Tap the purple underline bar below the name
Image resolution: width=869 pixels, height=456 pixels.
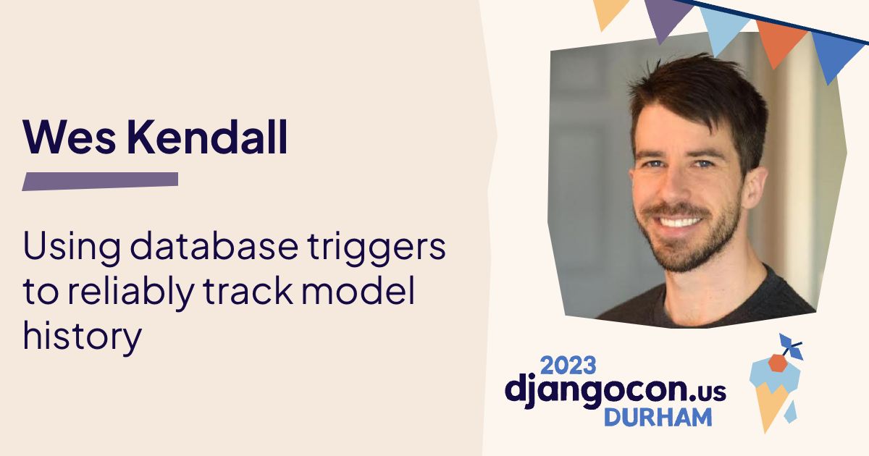pos(100,181)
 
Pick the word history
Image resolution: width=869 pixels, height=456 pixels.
pos(82,337)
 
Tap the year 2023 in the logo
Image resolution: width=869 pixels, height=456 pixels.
pos(568,363)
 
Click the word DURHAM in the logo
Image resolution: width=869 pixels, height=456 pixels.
pos(658,416)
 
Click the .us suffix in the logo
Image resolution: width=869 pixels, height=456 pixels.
pos(707,391)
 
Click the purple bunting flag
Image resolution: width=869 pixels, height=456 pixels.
pos(666,18)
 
